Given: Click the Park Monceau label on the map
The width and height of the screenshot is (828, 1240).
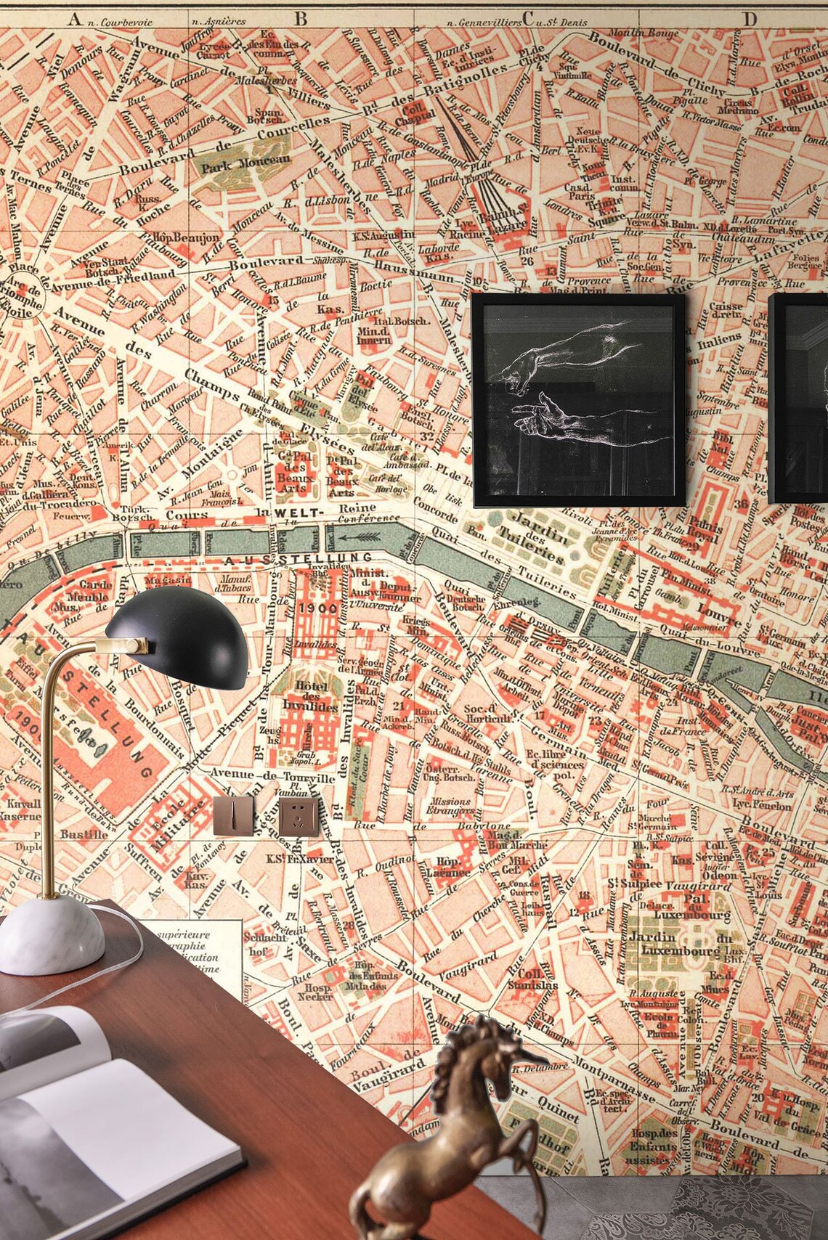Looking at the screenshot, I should (x=245, y=165).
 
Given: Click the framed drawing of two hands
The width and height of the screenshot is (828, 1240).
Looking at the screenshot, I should (x=579, y=400).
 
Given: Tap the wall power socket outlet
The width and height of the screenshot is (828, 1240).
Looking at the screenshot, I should (x=299, y=815).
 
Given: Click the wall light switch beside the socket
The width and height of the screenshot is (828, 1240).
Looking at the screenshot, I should (x=232, y=815).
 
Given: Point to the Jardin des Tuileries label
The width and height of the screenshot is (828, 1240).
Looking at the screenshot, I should (x=538, y=538).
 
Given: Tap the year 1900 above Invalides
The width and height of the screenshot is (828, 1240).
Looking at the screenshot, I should (x=317, y=608).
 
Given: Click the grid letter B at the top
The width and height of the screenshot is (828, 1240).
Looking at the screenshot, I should (x=301, y=20).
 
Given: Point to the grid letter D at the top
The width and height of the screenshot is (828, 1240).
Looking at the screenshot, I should (x=750, y=20).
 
